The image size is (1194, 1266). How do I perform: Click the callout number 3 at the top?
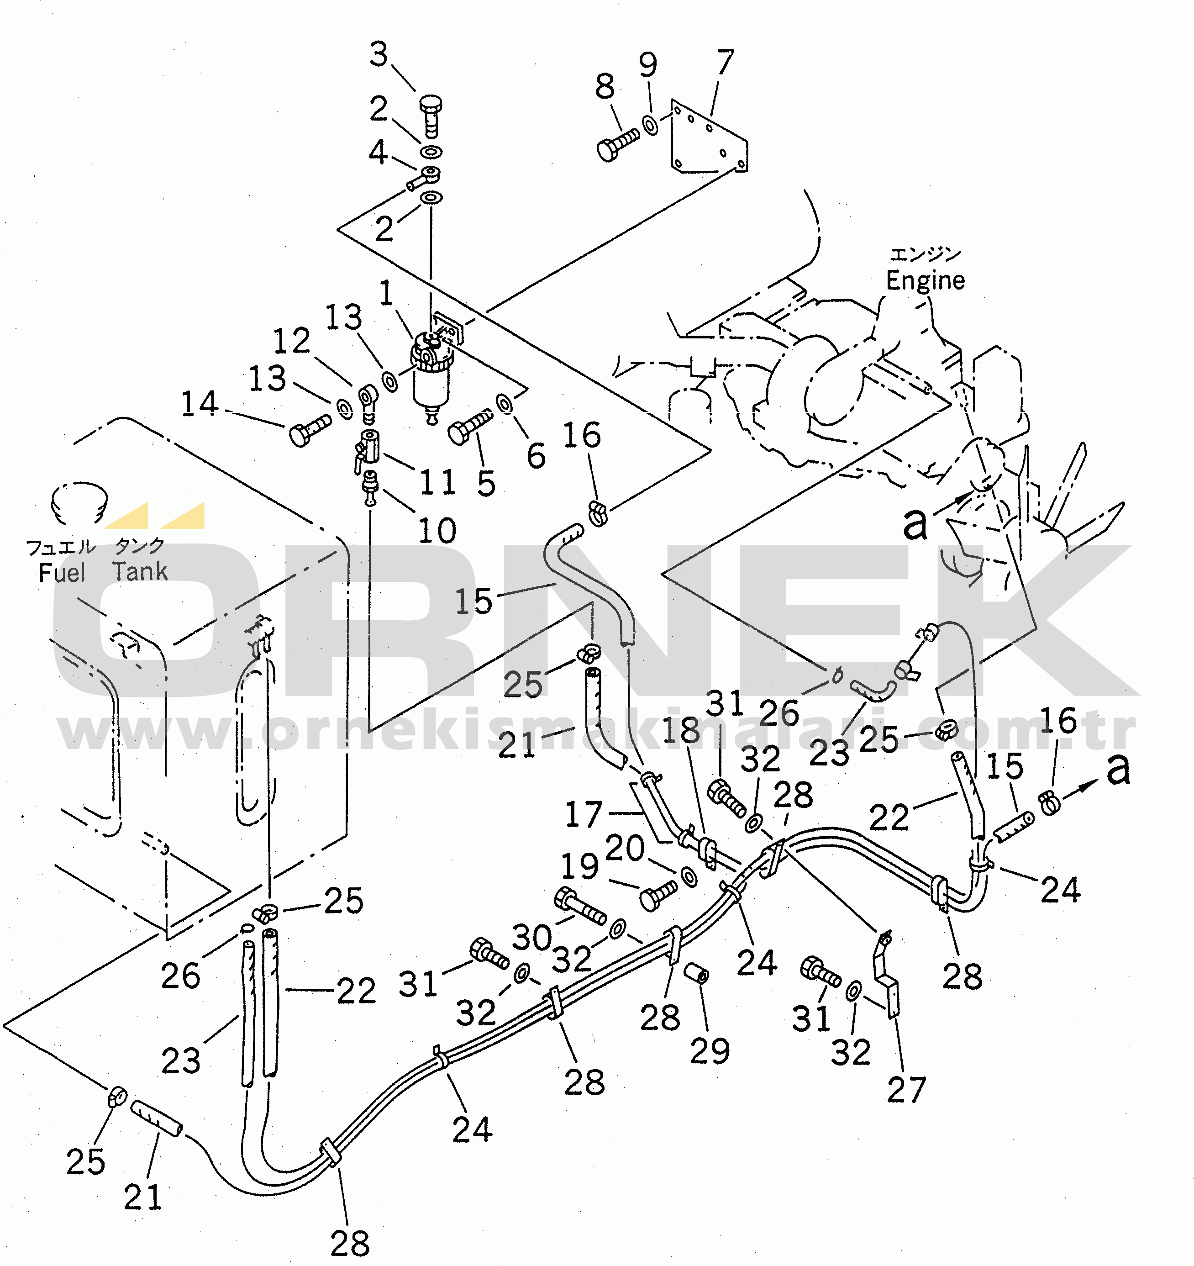click(x=379, y=54)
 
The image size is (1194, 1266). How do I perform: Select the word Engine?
click(x=925, y=281)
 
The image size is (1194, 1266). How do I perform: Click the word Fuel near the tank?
click(x=62, y=573)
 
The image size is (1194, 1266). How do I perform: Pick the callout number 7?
click(x=726, y=63)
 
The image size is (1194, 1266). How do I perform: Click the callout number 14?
click(x=200, y=403)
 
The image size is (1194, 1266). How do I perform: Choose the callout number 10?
click(x=437, y=530)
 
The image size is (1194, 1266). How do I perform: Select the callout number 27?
click(x=906, y=1090)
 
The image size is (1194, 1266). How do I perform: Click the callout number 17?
click(x=584, y=814)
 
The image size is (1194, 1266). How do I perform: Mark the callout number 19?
click(x=579, y=866)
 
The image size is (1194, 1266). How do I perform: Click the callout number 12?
click(x=292, y=341)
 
